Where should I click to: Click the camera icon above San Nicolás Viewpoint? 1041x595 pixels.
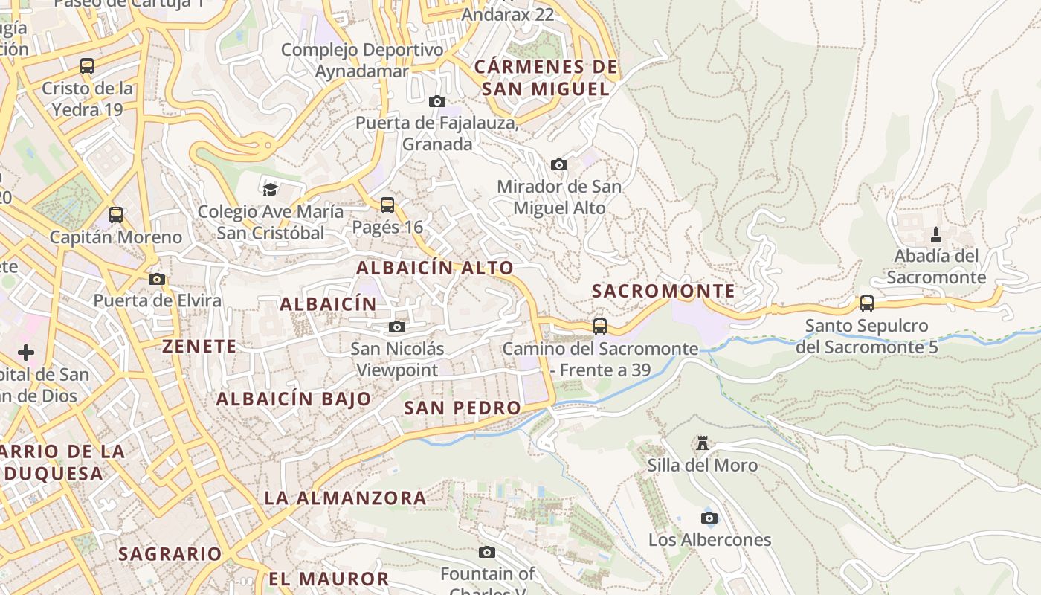[x=397, y=327]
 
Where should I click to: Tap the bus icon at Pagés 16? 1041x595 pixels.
[x=387, y=205]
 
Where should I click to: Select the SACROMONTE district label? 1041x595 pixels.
[x=663, y=291]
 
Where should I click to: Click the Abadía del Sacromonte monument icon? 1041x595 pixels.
[x=936, y=235]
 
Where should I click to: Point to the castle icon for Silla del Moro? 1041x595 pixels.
[x=702, y=444]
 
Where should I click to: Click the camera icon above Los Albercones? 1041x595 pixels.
[x=709, y=518]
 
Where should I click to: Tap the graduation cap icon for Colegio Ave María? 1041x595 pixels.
[x=270, y=190]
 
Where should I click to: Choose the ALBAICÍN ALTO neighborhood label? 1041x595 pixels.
[x=435, y=268]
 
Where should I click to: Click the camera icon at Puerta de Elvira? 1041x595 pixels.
[x=157, y=280]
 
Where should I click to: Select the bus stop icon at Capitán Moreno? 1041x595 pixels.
[x=116, y=216]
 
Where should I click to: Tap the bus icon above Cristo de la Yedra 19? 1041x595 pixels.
[x=87, y=66]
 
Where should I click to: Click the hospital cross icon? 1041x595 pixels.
[x=26, y=352]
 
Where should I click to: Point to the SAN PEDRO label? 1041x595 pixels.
[x=463, y=408]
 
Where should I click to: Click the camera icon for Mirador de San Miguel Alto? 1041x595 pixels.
[x=559, y=164]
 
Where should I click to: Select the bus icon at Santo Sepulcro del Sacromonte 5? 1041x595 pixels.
[x=867, y=303]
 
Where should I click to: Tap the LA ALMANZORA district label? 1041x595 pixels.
[x=346, y=498]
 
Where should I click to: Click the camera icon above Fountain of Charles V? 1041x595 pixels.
[x=487, y=552]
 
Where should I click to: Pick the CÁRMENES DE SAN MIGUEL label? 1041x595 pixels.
[x=546, y=78]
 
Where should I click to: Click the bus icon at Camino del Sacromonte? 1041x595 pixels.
[x=600, y=327]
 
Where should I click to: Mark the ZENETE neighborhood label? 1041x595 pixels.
[x=199, y=346]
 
